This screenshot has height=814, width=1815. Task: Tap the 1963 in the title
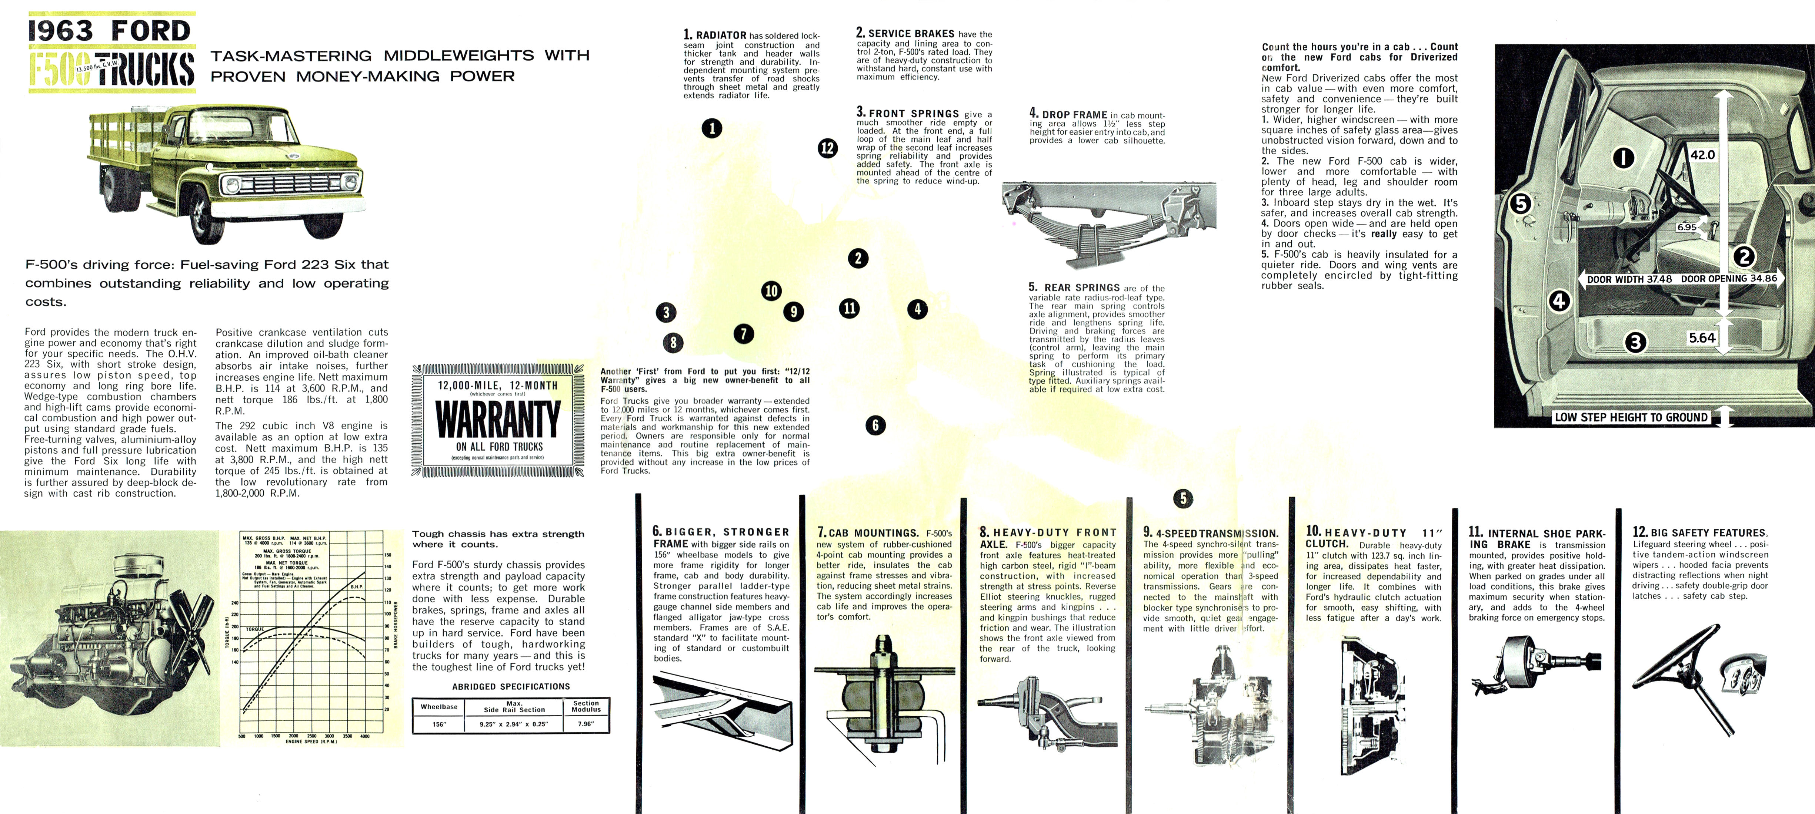(x=61, y=31)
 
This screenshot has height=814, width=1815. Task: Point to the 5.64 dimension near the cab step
(x=1702, y=338)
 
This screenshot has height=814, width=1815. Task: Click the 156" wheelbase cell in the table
(x=439, y=724)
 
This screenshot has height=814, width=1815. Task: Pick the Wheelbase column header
(x=439, y=706)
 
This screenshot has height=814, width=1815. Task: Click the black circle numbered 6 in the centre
(x=875, y=425)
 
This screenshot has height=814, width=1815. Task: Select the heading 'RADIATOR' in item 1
(x=721, y=35)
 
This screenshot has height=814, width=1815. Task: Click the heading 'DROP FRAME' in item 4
(x=1074, y=115)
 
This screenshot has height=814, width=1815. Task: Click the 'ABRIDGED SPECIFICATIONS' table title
(x=511, y=687)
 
